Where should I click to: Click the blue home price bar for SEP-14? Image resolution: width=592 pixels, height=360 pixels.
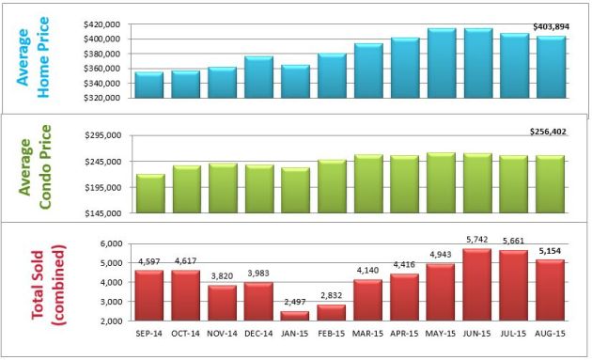(149, 86)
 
